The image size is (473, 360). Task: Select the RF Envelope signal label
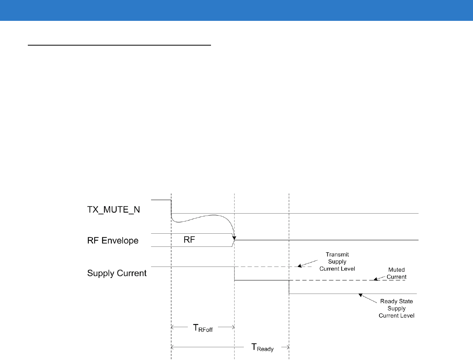(113, 241)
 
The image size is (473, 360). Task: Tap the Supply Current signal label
(117, 273)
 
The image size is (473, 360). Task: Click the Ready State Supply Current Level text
(396, 308)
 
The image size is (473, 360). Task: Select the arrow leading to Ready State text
(367, 298)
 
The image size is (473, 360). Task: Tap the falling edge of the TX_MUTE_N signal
(171, 207)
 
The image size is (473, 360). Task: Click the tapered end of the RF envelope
(233, 240)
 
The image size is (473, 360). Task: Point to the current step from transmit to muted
(235, 273)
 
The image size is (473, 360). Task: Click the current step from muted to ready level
(289, 287)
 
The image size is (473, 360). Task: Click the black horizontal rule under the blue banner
(120, 45)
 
